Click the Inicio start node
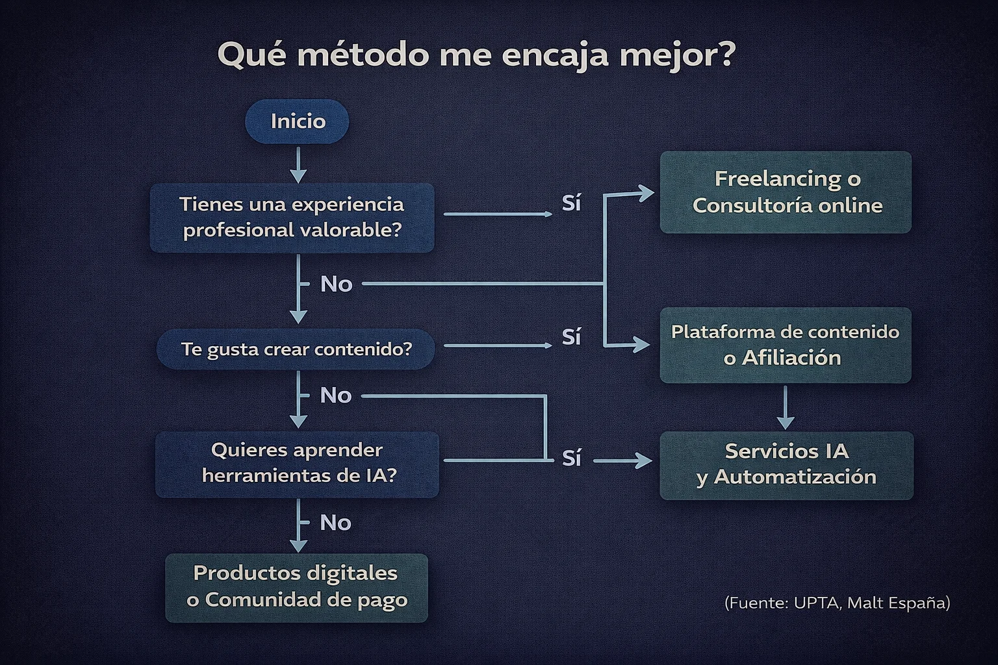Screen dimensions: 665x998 tap(297, 121)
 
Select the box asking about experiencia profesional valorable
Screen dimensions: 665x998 tap(292, 218)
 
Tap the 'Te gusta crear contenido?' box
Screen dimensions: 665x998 tap(296, 349)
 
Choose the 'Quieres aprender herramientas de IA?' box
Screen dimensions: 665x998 tap(298, 463)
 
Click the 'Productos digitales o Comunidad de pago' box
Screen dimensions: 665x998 tap(297, 587)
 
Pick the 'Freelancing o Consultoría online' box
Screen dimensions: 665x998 tap(786, 192)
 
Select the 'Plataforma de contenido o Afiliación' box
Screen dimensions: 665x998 tap(785, 345)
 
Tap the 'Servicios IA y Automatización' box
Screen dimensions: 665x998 tap(786, 465)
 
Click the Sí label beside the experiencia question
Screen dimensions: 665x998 tap(571, 203)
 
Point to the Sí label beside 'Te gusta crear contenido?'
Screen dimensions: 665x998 tap(571, 337)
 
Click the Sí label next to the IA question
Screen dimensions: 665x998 tap(571, 458)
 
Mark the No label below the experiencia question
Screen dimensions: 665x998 tap(336, 284)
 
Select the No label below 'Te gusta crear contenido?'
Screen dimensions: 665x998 tap(336, 395)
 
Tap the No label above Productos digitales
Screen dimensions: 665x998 tap(336, 522)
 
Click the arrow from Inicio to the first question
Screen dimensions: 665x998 tap(298, 165)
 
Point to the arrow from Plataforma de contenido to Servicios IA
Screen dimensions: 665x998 tap(786, 408)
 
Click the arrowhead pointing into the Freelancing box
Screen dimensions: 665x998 tap(645, 194)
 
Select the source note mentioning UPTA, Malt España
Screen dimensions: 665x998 tap(837, 603)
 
